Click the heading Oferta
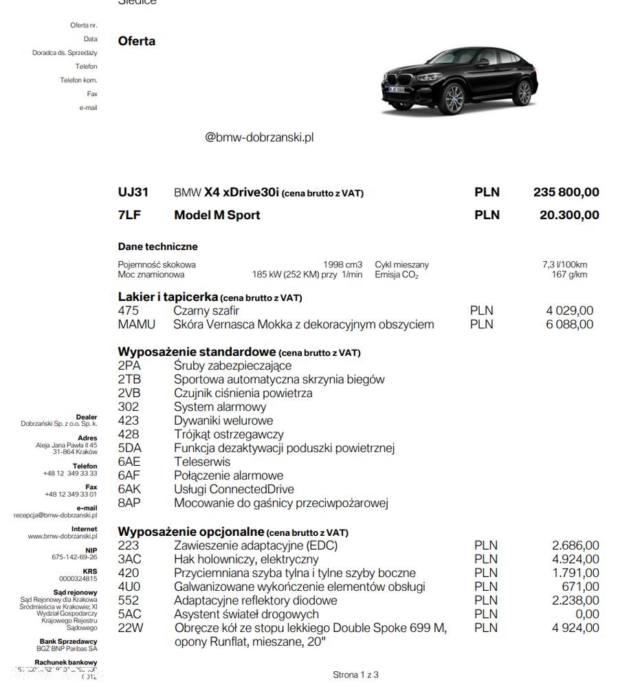[x=137, y=41]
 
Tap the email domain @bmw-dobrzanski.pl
[x=259, y=137]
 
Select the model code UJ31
[x=133, y=192]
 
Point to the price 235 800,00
[x=566, y=192]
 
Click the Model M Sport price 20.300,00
[x=569, y=215]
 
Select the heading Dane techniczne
[x=157, y=247]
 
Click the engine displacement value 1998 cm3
[x=342, y=264]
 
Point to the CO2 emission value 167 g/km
[x=569, y=275]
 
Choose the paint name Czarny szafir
[x=206, y=311]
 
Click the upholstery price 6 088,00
[x=569, y=324]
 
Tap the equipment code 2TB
[x=129, y=379]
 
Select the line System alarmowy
[x=220, y=407]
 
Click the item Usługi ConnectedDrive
[x=234, y=489]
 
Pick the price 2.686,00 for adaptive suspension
[x=575, y=545]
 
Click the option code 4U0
[x=129, y=587]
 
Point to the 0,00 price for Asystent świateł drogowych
[x=585, y=614]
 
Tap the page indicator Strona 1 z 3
[x=355, y=675]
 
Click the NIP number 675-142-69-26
[x=74, y=557]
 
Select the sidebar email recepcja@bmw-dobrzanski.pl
[x=55, y=515]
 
